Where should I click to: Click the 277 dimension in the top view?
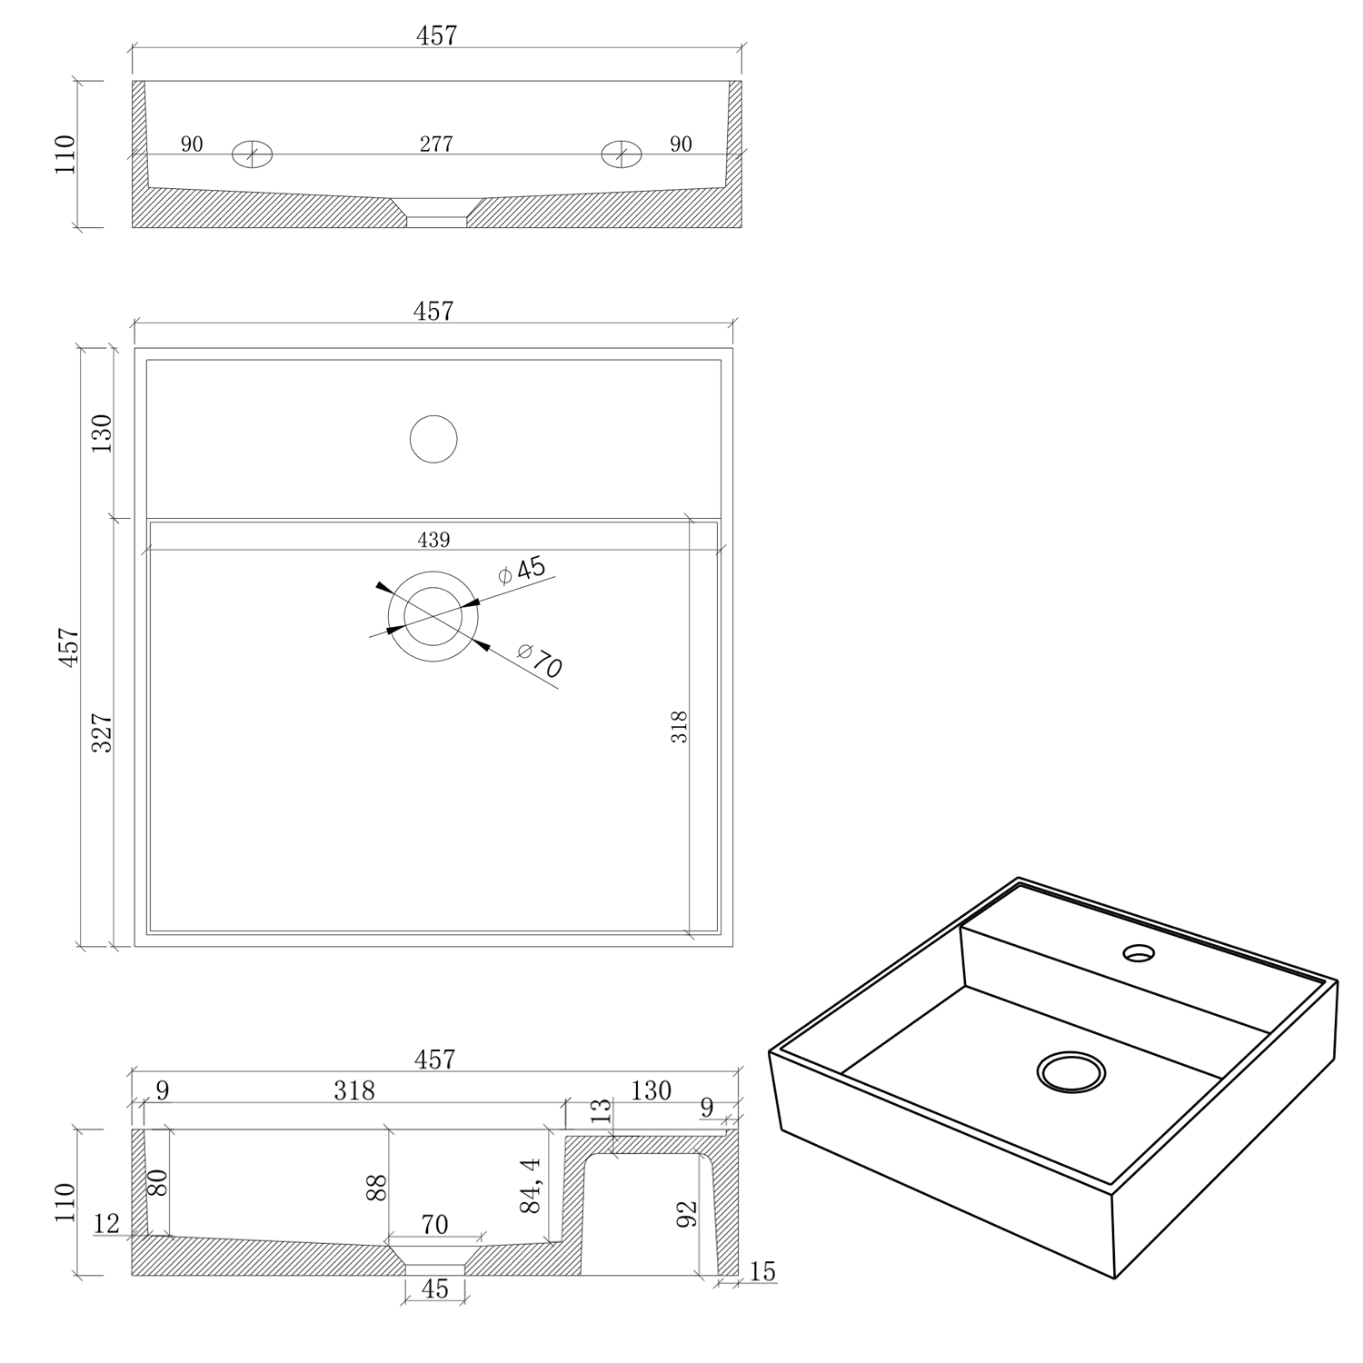436,144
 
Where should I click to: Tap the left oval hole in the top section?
252,154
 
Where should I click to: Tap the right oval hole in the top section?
622,154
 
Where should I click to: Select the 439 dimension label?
433,540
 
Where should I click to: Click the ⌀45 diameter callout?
522,571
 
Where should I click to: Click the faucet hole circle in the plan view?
433,439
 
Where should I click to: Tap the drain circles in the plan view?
433,616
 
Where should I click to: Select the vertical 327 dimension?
102,732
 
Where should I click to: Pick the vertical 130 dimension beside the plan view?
102,433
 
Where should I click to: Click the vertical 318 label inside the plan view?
679,727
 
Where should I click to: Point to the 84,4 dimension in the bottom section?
531,1184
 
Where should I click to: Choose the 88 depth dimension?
376,1188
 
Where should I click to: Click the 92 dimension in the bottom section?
687,1213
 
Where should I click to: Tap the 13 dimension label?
602,1111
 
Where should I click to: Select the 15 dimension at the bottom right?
763,1271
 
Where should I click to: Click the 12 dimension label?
106,1223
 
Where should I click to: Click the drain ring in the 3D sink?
1071,1072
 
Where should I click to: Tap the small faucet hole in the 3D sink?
1138,953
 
